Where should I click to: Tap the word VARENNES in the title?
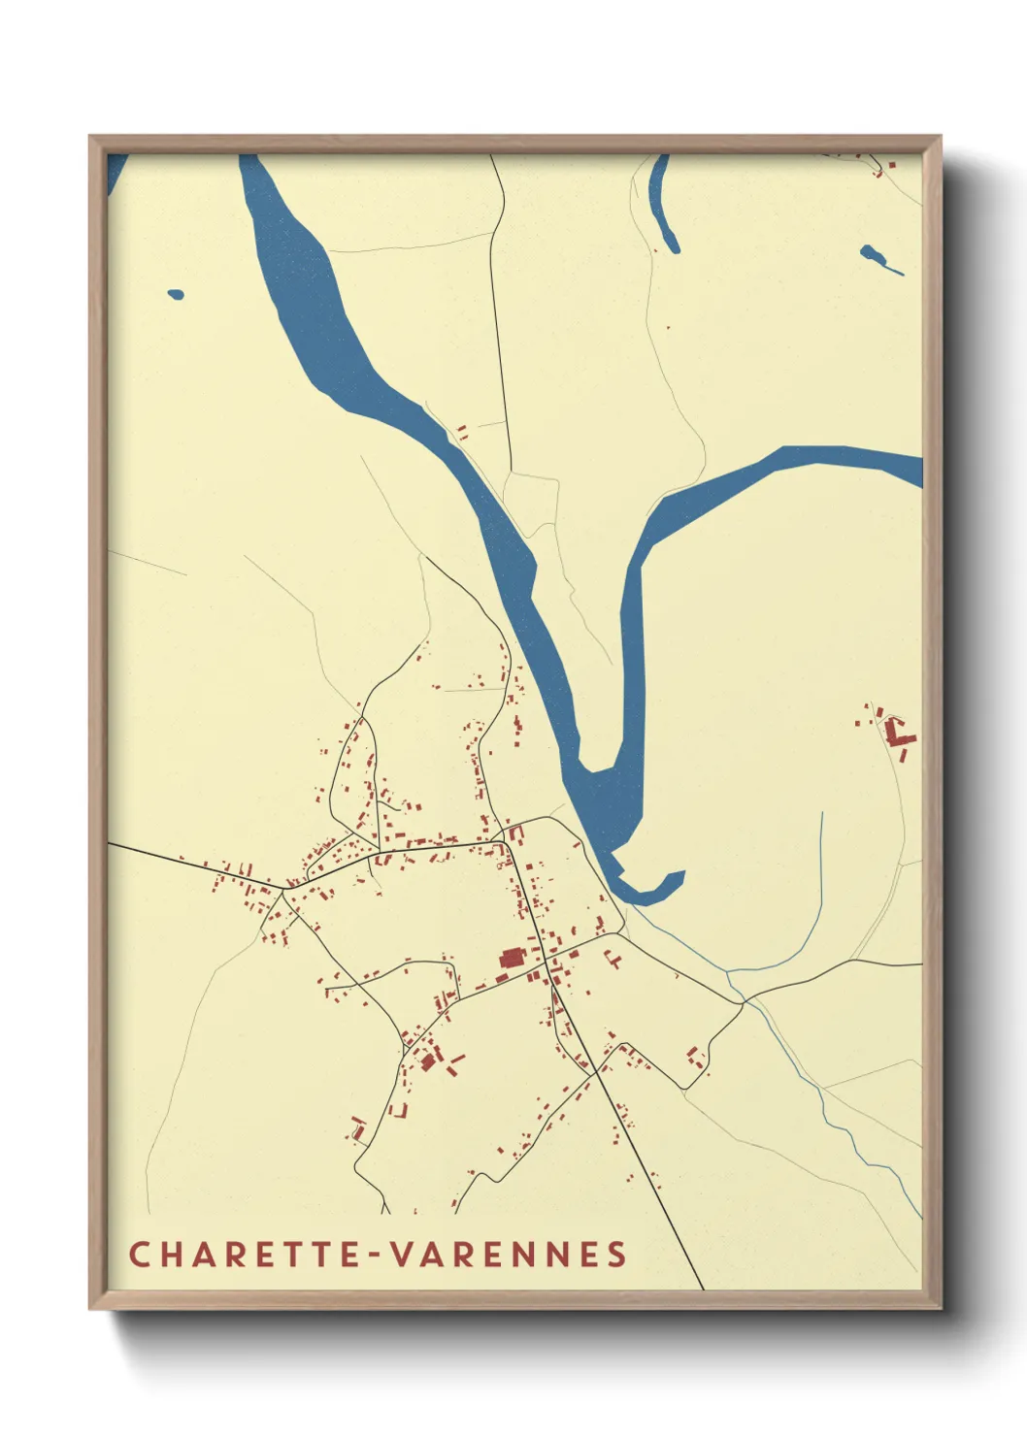pyautogui.click(x=509, y=1254)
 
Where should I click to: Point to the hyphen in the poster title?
pyautogui.click(x=378, y=1255)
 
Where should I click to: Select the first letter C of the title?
pyautogui.click(x=139, y=1254)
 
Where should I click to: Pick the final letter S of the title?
pyautogui.click(x=618, y=1254)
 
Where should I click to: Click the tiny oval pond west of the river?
pyautogui.click(x=176, y=294)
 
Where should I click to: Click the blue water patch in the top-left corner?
pyautogui.click(x=116, y=171)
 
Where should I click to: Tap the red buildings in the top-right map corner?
pyautogui.click(x=882, y=166)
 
